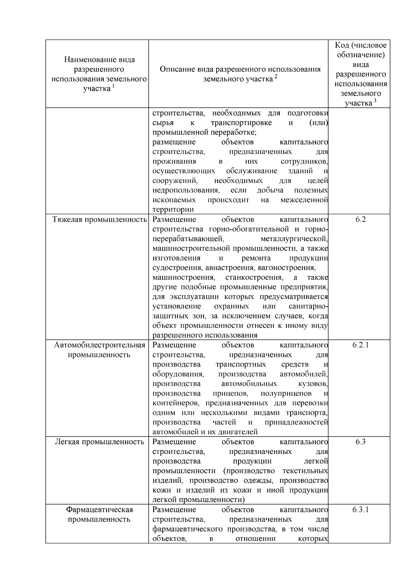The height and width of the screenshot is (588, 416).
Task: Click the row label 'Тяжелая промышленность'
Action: pos(100,219)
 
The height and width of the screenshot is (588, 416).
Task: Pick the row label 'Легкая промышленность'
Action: pos(100,442)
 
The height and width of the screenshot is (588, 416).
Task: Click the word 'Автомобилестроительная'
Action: pos(100,345)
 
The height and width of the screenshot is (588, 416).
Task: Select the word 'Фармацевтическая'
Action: pos(100,510)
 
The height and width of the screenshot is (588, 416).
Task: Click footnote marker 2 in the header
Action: pos(276,77)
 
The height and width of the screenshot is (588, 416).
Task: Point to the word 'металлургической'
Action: pos(294,239)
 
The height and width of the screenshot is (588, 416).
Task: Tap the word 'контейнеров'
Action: pos(177,403)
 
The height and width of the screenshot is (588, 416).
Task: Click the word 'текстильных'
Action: pos(305,471)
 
